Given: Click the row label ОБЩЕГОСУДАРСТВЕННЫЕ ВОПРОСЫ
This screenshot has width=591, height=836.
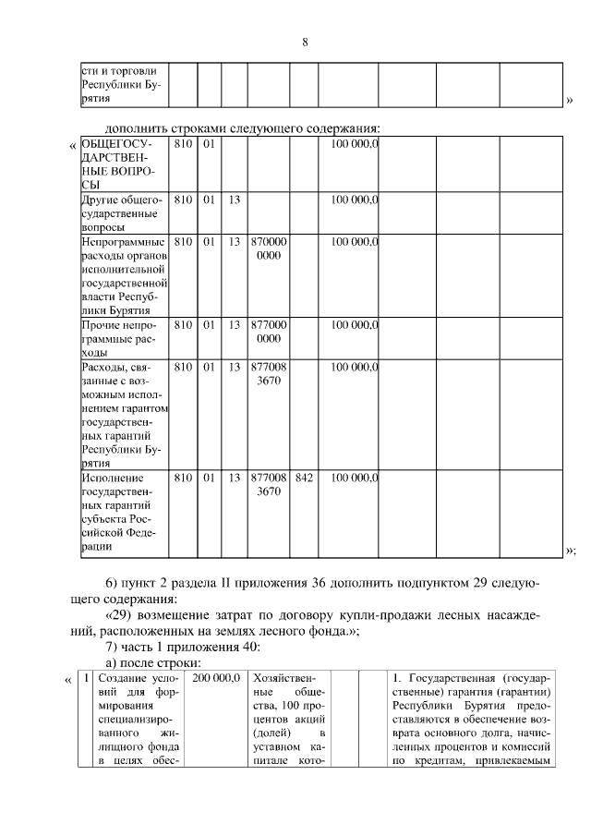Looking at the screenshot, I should point(118,164).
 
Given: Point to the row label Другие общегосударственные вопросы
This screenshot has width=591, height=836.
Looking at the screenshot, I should point(122,212).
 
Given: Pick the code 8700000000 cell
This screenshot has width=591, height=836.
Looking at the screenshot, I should point(268,248).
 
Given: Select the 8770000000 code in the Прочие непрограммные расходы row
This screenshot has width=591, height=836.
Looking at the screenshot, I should point(268,333).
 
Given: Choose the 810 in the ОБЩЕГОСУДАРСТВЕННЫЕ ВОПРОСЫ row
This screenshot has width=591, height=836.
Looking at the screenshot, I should point(183,145).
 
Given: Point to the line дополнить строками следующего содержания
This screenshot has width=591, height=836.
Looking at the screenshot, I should point(244,127).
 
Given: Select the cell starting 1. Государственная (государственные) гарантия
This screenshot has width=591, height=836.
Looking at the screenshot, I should point(472,721).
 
